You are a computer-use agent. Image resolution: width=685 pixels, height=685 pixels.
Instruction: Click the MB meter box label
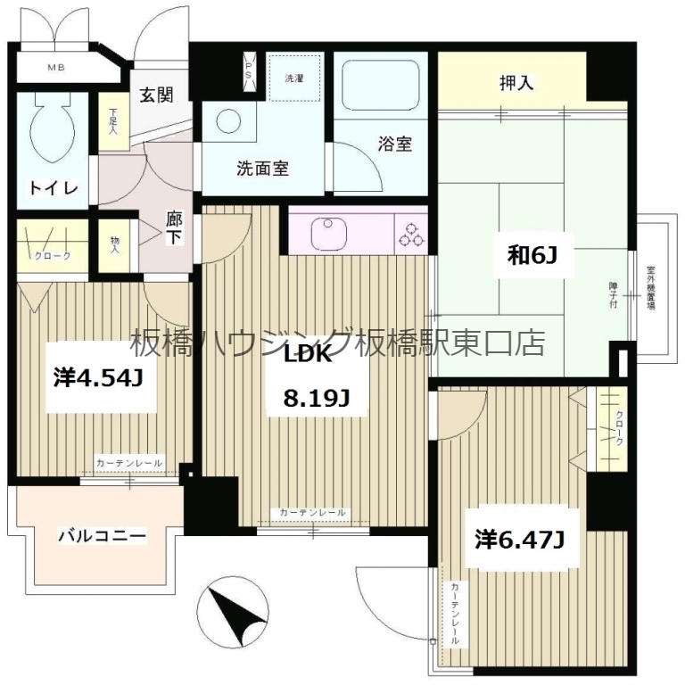tap(56, 68)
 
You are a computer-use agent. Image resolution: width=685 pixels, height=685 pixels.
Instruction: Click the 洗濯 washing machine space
tap(293, 79)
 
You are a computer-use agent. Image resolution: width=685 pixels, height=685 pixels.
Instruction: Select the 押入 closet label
tap(516, 84)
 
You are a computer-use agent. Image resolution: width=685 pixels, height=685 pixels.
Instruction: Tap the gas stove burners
tap(412, 234)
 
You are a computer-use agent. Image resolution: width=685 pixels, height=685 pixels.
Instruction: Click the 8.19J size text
tap(315, 399)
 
